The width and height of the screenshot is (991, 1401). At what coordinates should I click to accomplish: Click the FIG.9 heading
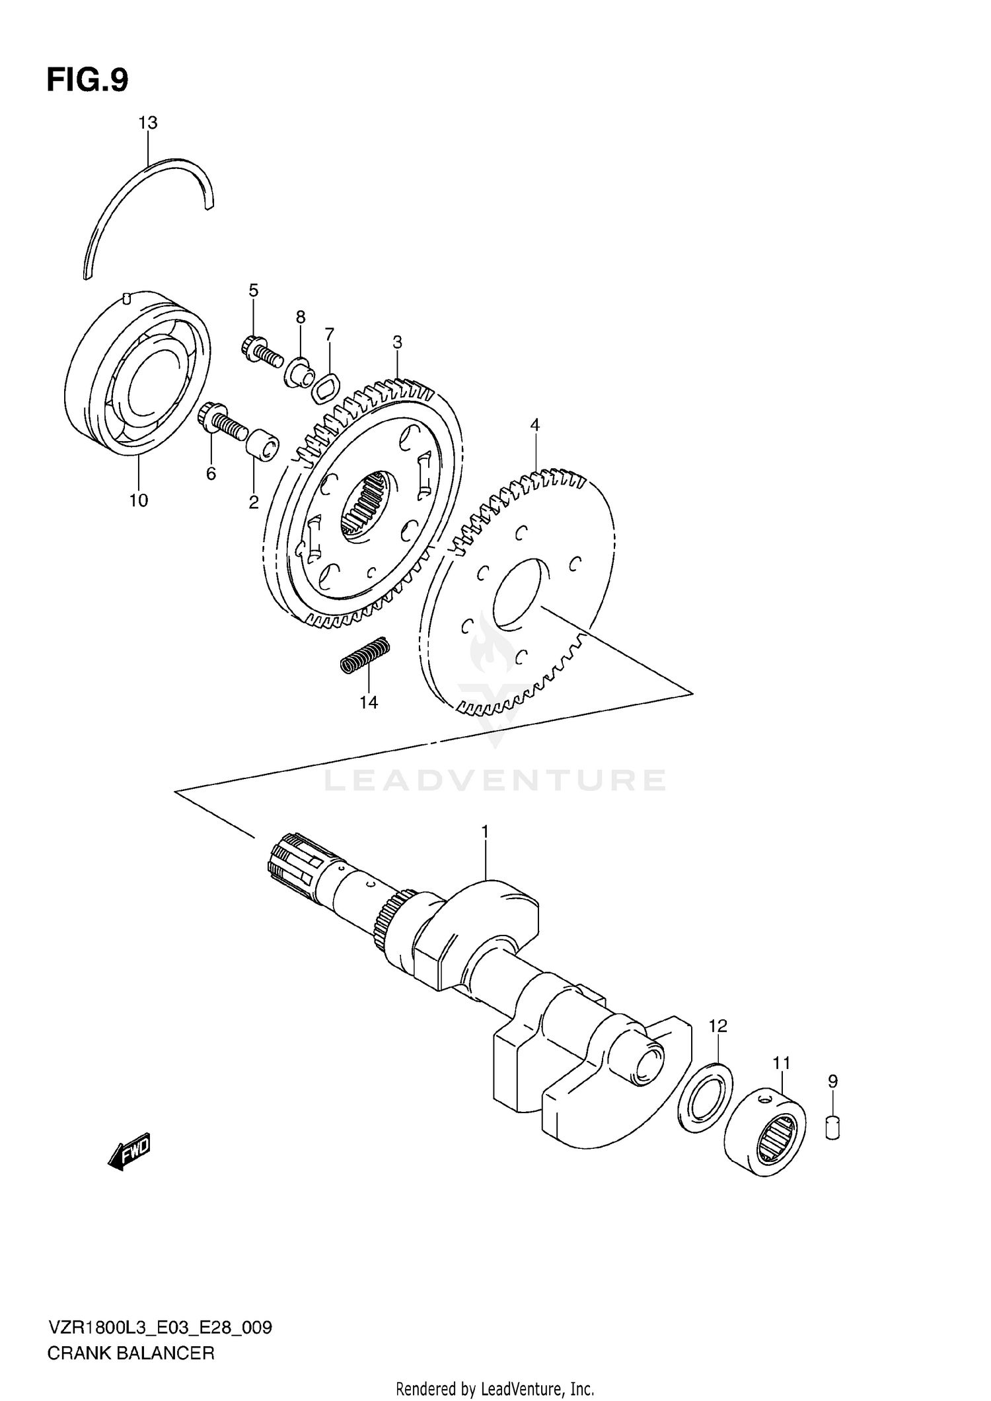(x=87, y=81)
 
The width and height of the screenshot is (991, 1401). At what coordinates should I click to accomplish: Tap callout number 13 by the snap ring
(x=148, y=123)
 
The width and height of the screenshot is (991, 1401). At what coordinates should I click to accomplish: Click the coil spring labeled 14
(x=365, y=654)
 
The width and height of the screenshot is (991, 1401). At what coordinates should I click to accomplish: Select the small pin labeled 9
(x=832, y=1126)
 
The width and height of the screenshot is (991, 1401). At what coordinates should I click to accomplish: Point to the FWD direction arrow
(x=130, y=1152)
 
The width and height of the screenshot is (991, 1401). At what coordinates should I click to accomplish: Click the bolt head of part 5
(x=252, y=345)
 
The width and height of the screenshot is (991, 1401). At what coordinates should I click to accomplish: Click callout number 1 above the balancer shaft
(x=484, y=832)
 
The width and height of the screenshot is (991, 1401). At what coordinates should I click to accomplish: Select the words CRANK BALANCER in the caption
(x=131, y=1353)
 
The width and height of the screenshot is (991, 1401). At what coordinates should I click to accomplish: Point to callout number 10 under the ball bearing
(x=138, y=500)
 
